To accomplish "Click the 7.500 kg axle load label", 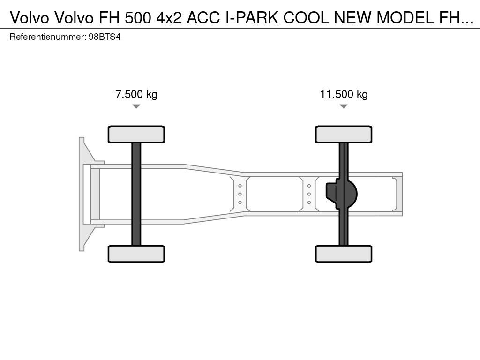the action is click(x=136, y=94).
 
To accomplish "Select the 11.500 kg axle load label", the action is click(x=344, y=94).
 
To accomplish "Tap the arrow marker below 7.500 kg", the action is click(x=136, y=106).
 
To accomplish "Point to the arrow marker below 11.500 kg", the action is click(x=344, y=106).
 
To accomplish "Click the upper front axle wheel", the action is click(x=136, y=134).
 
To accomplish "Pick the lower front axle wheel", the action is click(x=136, y=254).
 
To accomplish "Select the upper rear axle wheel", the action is click(x=344, y=134).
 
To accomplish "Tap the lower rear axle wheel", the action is click(x=344, y=254).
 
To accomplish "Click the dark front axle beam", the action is click(x=136, y=194).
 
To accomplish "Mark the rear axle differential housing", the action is click(x=341, y=194).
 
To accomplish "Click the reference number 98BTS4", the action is click(x=105, y=37).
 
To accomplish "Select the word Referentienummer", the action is click(x=47, y=37).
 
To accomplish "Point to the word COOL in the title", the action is click(x=306, y=18).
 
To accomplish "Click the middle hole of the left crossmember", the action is click(x=240, y=194).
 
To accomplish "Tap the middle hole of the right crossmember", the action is click(x=309, y=194).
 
